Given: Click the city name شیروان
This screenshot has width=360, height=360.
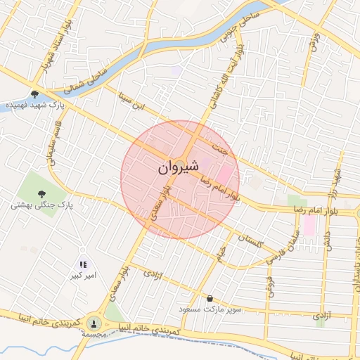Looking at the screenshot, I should [178, 167].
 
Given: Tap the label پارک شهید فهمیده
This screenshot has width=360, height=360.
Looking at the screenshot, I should [35, 105].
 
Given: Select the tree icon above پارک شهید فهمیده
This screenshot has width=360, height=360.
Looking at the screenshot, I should [34, 94].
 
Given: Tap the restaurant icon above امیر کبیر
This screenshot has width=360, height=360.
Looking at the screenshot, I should [82, 265].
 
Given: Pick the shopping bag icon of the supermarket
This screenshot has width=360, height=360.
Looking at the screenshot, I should [210, 298].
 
